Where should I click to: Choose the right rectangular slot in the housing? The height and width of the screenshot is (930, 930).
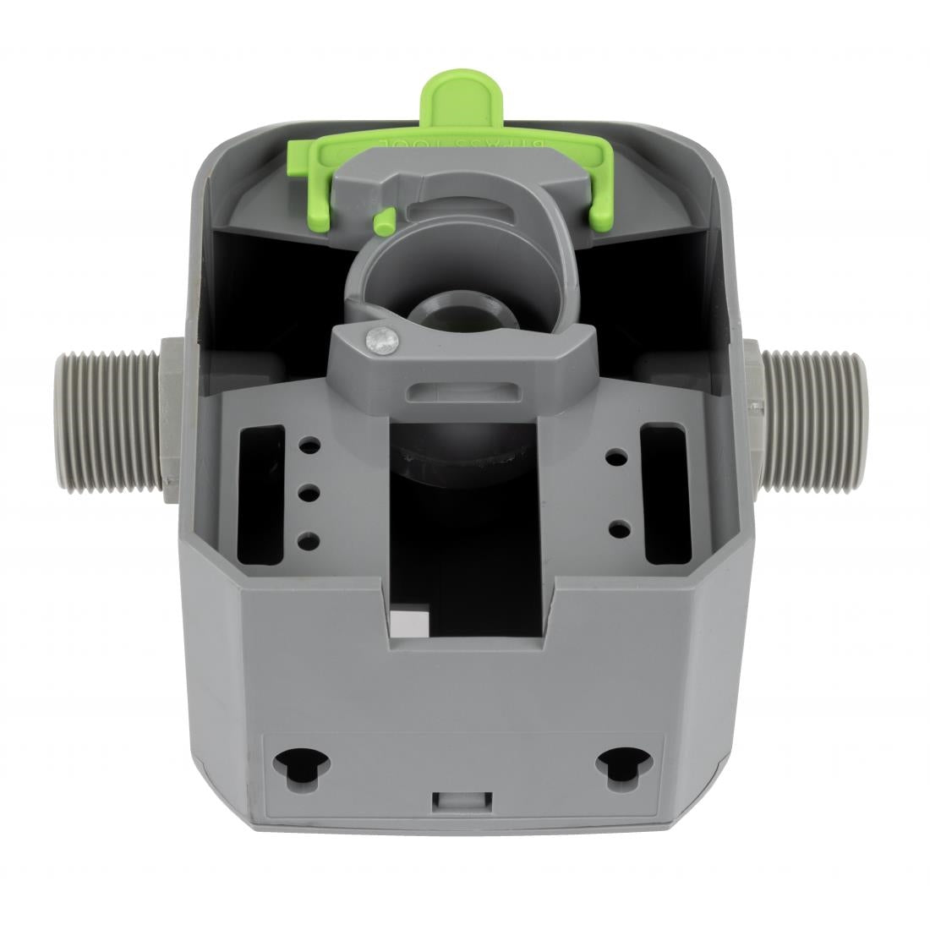coord(664,495)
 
